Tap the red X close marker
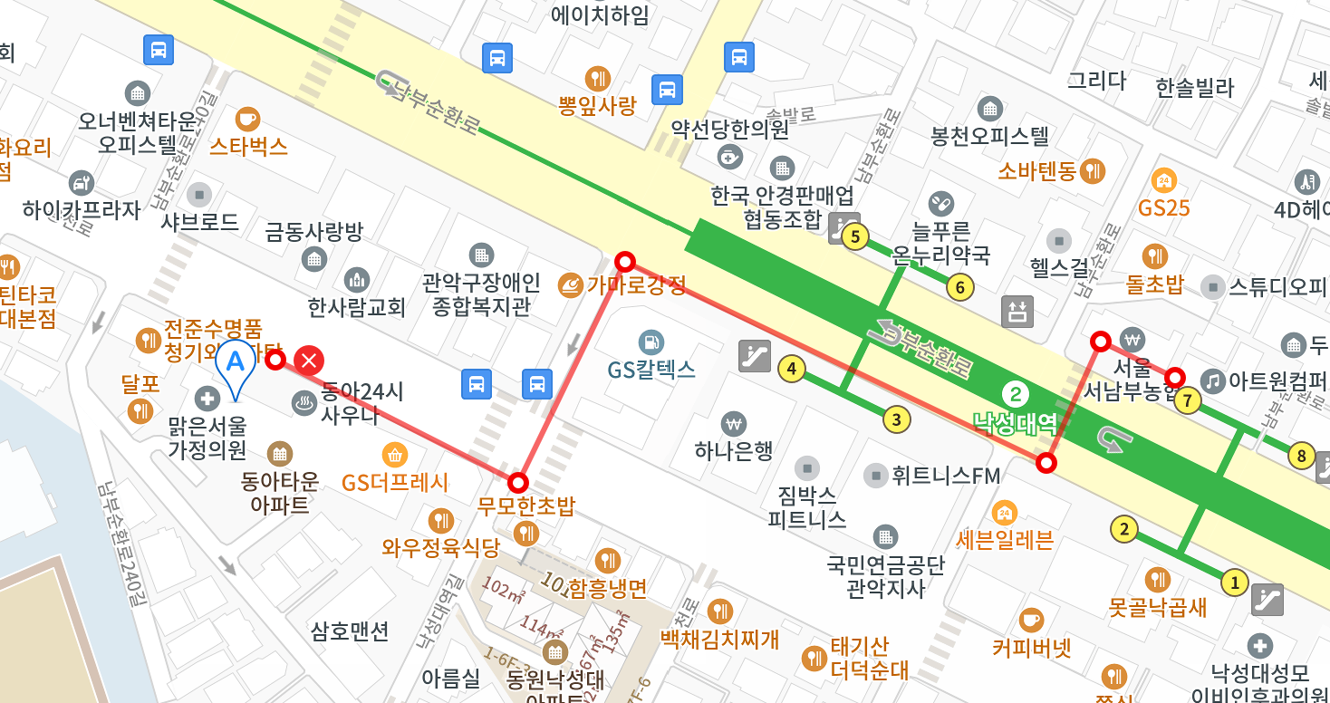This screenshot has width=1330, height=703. [x=309, y=361]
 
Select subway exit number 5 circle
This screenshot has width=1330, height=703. [x=854, y=237]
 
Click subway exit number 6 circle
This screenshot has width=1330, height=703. [x=959, y=288]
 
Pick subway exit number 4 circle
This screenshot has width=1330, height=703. [x=792, y=369]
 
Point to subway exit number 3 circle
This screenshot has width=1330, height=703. [x=896, y=419]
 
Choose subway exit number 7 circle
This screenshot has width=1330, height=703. [x=1188, y=400]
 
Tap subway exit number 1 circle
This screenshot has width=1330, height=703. [x=1233, y=582]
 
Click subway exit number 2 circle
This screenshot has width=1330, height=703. [x=1124, y=530]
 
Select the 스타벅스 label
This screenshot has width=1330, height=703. [x=248, y=146]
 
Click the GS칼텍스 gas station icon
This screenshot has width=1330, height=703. [x=651, y=342]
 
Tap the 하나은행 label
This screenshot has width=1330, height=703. [x=733, y=450]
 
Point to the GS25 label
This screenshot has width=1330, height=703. [x=1163, y=208]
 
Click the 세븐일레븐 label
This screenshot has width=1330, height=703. [x=1005, y=541]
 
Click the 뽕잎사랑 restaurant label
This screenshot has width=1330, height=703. [x=597, y=105]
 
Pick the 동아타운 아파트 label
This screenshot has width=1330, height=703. [x=280, y=493]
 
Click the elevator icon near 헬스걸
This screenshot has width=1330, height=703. [x=1017, y=312]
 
